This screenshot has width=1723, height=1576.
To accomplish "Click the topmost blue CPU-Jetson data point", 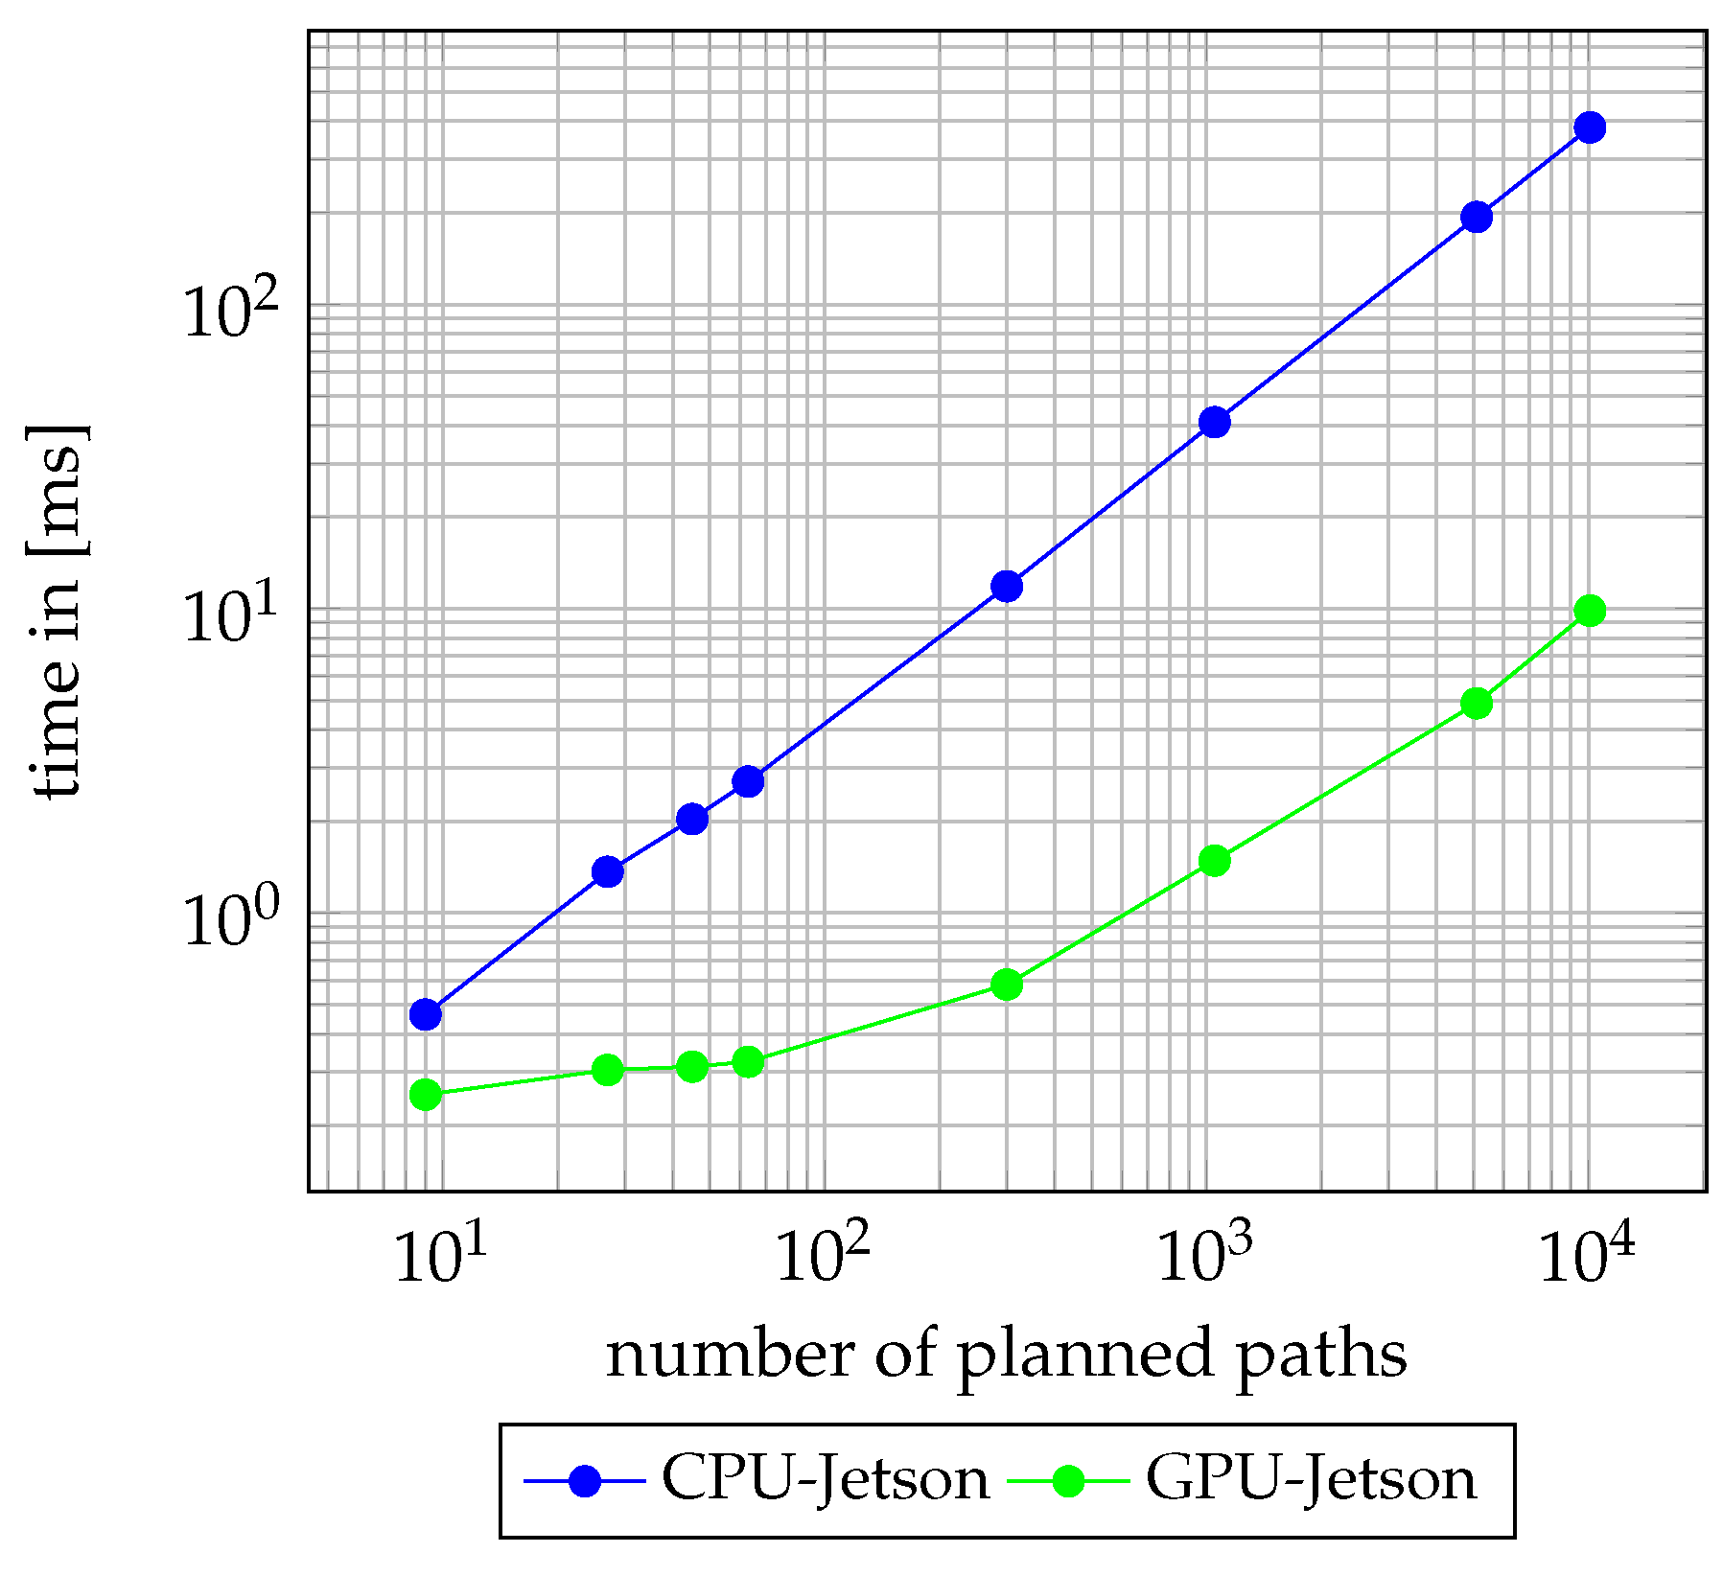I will (1589, 127).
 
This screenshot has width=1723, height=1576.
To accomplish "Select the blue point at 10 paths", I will (425, 1013).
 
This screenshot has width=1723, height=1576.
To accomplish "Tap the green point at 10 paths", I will (425, 1094).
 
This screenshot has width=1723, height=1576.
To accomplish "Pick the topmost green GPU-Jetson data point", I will (1589, 611).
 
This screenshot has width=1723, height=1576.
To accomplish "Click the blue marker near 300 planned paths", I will (1006, 586).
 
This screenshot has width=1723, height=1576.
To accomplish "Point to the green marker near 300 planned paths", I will (1006, 984).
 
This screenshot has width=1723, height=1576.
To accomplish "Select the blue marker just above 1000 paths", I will (1214, 422).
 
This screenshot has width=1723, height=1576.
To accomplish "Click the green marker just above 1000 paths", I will (1214, 861).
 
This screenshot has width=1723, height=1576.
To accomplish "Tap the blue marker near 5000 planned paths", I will (1477, 217).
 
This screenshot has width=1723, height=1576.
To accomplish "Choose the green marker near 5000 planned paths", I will (1477, 704).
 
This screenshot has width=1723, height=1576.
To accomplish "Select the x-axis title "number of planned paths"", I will (1006, 1355).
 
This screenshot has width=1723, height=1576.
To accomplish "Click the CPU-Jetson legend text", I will (826, 1480).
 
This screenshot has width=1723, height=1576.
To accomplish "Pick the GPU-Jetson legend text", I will (1311, 1480).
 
